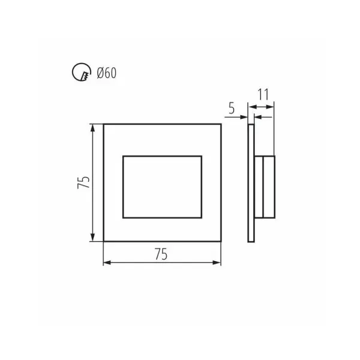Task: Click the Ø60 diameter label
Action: [x=107, y=73]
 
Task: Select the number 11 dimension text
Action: [x=263, y=94]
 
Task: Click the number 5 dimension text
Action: [x=232, y=108]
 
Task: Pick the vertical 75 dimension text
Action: [x=83, y=182]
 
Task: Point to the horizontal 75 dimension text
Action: [x=161, y=254]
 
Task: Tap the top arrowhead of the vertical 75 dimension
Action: [x=92, y=128]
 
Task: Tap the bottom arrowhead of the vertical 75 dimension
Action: [x=92, y=237]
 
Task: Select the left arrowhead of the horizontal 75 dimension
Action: [x=107, y=263]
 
